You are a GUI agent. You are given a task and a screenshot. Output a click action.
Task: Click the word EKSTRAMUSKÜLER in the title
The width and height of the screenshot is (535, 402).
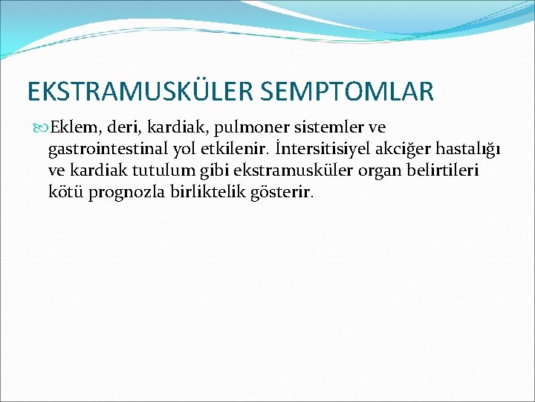tap(140, 92)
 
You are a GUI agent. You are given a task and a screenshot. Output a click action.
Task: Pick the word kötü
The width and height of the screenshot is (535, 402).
tap(65, 193)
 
